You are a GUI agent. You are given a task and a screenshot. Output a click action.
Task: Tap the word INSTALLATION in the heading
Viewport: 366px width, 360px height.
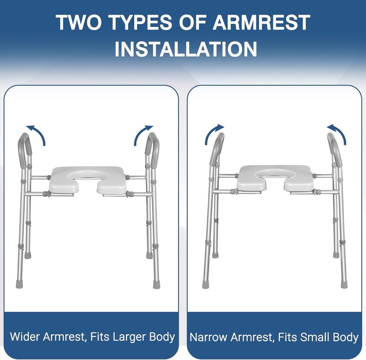tap(185, 49)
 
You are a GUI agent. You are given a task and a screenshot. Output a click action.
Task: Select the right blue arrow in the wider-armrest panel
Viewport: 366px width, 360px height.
tap(143, 134)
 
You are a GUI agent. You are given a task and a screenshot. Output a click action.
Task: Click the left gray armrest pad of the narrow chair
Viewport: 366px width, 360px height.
tap(217, 149)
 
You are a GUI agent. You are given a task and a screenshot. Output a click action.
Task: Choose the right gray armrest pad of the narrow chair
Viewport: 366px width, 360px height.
tap(334, 149)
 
